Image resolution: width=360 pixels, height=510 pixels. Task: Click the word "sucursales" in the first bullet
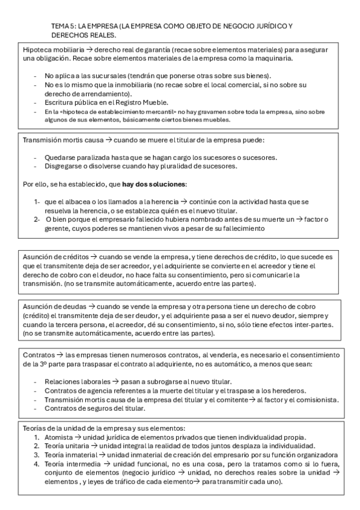pos(106,76)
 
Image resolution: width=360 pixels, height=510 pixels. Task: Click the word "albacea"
pos(76,202)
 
